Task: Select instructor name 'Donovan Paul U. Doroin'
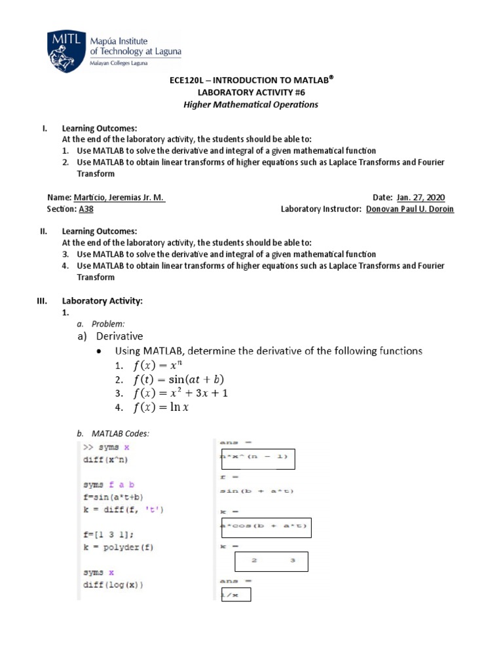(409, 209)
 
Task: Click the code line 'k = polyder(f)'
(118, 547)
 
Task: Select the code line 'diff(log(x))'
(113, 584)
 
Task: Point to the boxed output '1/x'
(236, 594)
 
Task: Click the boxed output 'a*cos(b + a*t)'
(265, 527)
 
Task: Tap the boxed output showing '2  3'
(271, 561)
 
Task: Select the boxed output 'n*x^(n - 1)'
(258, 459)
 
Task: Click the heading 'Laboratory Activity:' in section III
(102, 301)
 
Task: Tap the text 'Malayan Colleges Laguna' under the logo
(119, 63)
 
